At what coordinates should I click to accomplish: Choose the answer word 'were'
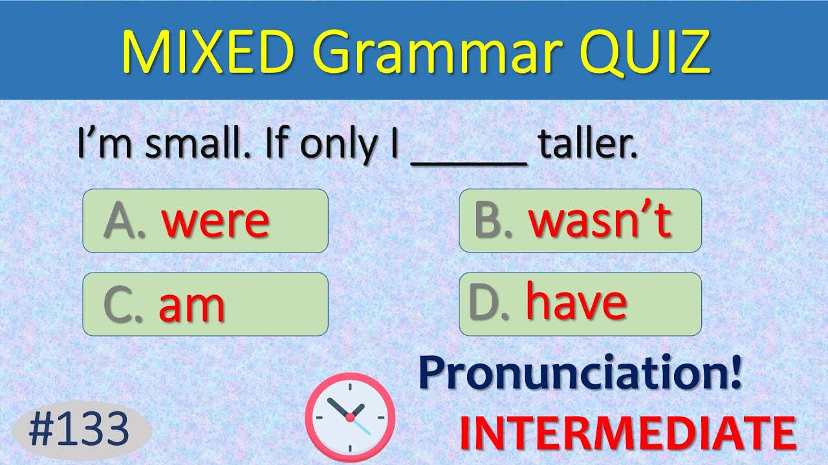click(215, 222)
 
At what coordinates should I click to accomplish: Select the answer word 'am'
click(191, 305)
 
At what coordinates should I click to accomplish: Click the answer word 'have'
click(576, 302)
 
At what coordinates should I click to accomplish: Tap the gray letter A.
click(119, 221)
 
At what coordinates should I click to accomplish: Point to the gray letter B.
click(489, 221)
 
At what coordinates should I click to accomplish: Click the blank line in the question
click(469, 161)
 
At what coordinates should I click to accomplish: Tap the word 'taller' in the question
click(587, 146)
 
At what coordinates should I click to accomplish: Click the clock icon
click(350, 413)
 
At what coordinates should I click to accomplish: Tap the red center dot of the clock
click(350, 418)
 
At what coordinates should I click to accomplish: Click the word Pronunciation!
click(580, 375)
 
